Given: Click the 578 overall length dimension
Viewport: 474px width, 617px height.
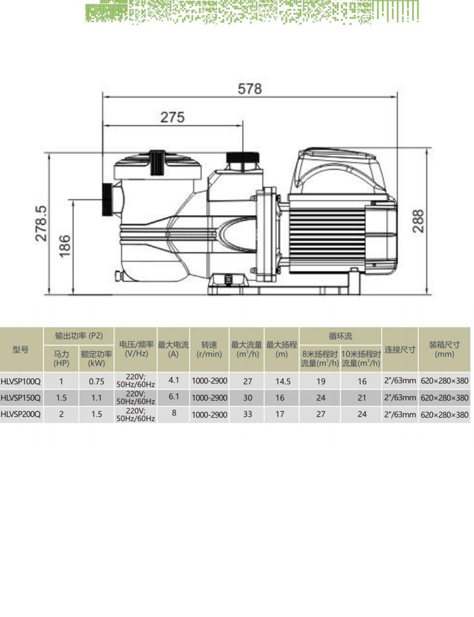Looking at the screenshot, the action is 250,89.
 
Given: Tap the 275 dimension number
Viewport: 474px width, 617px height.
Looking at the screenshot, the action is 172,117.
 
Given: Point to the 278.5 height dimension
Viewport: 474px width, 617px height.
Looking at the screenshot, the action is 41,223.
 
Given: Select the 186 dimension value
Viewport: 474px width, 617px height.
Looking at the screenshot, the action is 65,246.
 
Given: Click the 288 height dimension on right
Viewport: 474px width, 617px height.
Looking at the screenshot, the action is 418,221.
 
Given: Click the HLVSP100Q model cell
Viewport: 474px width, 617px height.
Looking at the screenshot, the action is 21,381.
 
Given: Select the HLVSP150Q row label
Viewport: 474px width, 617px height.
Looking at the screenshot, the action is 21,398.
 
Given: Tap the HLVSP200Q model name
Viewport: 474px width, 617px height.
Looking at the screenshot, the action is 21,414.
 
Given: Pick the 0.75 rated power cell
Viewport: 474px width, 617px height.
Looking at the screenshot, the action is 96,382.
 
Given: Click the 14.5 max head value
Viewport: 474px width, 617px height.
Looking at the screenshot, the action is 283,382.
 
